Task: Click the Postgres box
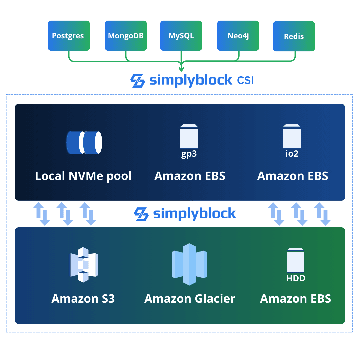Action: click(68, 36)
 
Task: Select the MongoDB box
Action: click(126, 36)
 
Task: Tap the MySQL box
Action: click(181, 36)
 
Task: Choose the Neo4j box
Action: click(238, 36)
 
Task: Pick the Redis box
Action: click(294, 36)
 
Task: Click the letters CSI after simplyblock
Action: click(245, 80)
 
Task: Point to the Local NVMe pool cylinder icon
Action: click(84, 142)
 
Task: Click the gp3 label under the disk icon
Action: click(189, 154)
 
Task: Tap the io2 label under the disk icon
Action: click(292, 154)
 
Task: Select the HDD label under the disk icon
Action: click(296, 278)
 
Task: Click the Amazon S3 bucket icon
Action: click(83, 265)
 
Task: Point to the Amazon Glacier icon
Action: click(189, 264)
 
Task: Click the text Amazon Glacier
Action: click(190, 299)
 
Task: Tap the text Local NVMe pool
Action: click(83, 176)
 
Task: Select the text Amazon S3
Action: click(83, 299)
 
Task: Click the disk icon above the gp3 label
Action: click(189, 136)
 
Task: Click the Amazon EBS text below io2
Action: click(293, 176)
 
